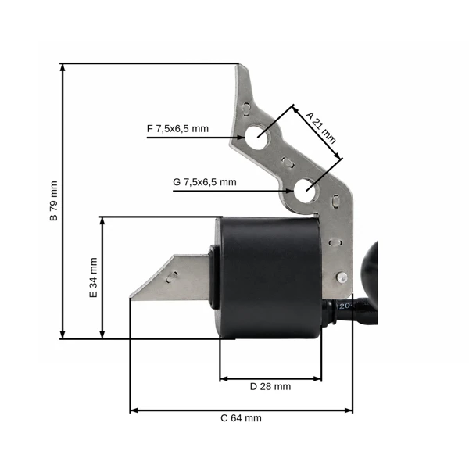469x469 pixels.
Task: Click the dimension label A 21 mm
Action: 321,127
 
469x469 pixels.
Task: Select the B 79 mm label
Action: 53,201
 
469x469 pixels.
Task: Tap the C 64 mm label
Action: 241,418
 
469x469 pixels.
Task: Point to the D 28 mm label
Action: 270,386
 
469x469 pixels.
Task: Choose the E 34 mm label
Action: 93,277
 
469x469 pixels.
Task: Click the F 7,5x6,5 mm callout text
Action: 177,129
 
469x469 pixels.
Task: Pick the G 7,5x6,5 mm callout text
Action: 205,182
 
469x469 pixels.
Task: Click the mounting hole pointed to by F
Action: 256,138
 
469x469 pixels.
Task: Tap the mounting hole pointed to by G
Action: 305,191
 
